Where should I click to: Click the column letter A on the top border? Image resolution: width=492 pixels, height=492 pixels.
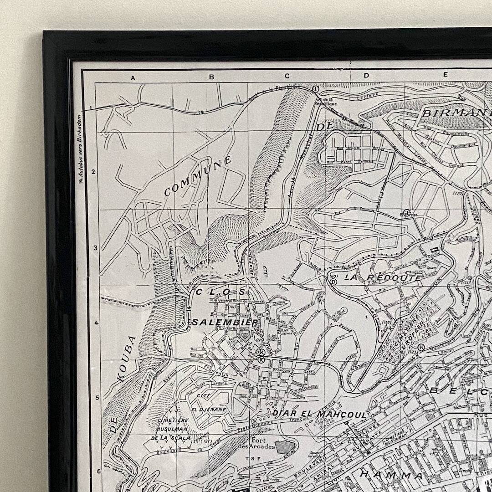133,78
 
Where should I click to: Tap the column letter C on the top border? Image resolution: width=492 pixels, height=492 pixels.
287,77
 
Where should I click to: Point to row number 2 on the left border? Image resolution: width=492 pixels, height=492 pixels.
93,172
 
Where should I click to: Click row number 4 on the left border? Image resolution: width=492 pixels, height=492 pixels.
96,323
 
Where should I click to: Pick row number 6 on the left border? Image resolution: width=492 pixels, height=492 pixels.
99,471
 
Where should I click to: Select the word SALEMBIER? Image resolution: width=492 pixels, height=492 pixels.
225,322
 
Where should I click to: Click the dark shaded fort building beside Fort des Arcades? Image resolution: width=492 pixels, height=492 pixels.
285,447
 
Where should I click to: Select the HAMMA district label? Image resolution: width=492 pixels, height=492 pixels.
391,475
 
